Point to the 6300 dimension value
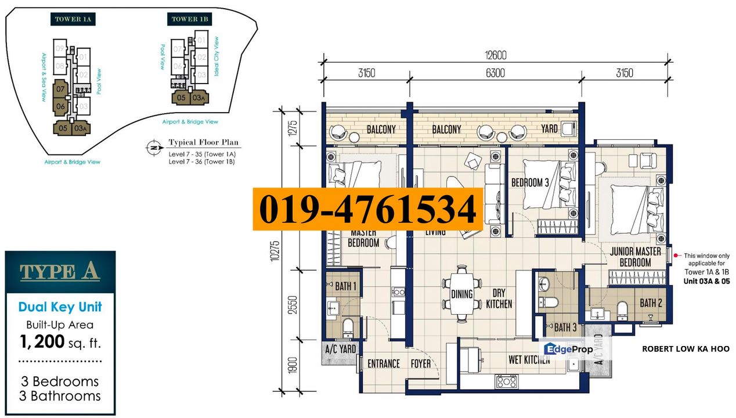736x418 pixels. [x=495, y=73]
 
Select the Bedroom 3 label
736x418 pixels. [x=530, y=182]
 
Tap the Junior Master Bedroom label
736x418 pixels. [x=635, y=257]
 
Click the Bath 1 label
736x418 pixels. [x=346, y=286]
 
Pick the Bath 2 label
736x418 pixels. [x=651, y=302]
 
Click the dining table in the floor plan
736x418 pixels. [x=461, y=294]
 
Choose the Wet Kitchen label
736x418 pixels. [x=529, y=360]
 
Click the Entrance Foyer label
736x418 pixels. [x=399, y=363]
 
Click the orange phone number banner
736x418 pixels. [x=367, y=209]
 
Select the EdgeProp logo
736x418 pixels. [x=568, y=348]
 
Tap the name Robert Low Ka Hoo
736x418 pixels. [x=685, y=349]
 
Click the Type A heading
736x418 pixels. [x=60, y=271]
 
